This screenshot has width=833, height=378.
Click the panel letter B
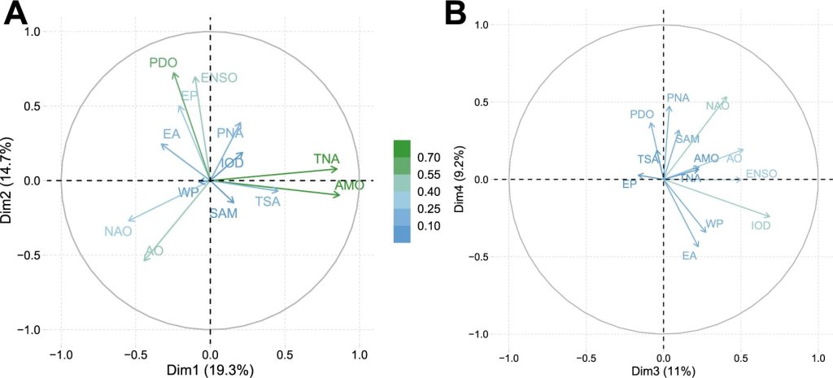pos(455,14)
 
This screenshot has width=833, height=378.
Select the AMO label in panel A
pos(349,186)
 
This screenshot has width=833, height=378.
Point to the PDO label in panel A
pos(163,63)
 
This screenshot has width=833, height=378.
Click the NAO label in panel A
pos(118,232)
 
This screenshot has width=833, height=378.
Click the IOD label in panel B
pos(761,225)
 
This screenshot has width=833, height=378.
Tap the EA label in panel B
pos(689,256)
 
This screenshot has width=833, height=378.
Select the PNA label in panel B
pos(678,98)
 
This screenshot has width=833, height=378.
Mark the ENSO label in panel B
pos(761,173)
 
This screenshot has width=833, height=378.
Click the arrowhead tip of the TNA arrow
pos(338,168)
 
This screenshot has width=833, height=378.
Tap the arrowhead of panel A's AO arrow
pos(144,261)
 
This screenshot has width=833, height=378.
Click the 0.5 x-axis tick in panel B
pos(741,357)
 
